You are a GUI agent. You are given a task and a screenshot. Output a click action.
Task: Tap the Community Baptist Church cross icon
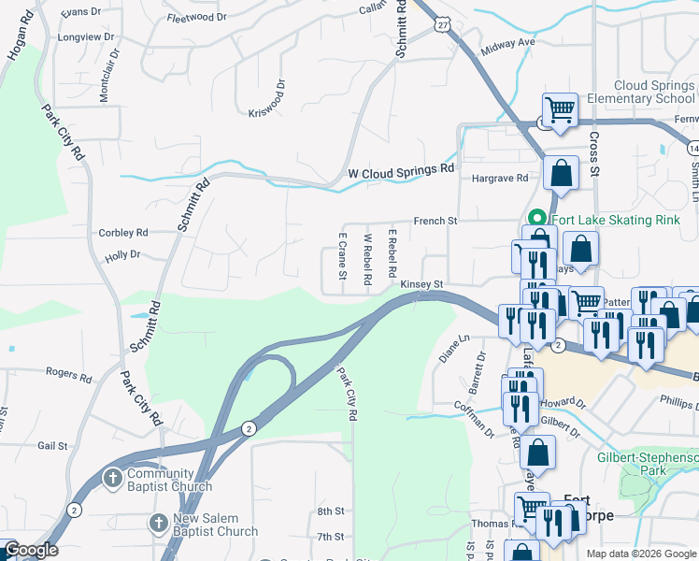click(112, 479)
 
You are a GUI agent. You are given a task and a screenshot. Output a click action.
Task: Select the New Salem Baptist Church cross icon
click(158, 524)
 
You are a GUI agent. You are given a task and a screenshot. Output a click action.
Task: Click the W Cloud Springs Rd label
click(400, 173)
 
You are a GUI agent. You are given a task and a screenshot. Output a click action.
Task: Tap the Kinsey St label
click(421, 284)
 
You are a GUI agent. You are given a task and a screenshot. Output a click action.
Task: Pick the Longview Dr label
click(86, 37)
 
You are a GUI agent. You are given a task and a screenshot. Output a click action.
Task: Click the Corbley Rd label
click(123, 233)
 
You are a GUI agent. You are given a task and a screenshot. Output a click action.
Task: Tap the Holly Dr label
click(122, 254)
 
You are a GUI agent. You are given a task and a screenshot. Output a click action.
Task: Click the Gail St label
click(53, 446)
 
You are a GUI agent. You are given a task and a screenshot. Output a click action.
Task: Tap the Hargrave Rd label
click(500, 178)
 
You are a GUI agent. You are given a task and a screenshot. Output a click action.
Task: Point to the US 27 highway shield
click(443, 28)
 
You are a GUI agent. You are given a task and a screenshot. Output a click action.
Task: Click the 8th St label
click(331, 511)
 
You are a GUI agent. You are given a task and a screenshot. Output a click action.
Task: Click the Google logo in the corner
click(31, 550)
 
